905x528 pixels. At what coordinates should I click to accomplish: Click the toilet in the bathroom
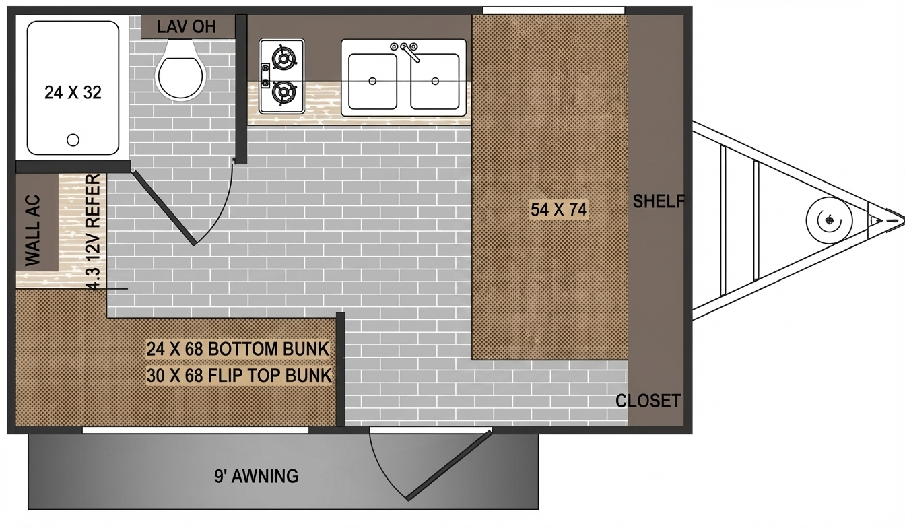click(x=180, y=73)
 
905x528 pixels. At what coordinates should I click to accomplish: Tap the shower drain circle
click(x=73, y=140)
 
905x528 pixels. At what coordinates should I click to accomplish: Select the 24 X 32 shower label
click(x=73, y=93)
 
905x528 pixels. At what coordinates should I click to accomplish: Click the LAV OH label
click(x=187, y=27)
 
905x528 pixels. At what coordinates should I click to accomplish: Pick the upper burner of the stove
click(x=284, y=59)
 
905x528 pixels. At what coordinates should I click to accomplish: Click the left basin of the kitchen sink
click(x=371, y=81)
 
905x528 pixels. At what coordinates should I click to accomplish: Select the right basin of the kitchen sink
click(x=434, y=81)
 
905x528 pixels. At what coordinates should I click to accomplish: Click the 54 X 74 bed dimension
click(x=559, y=209)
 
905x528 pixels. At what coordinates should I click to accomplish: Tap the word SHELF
click(x=659, y=201)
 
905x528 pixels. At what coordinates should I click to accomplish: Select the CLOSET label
click(x=648, y=401)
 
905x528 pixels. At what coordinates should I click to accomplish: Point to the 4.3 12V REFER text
click(x=94, y=232)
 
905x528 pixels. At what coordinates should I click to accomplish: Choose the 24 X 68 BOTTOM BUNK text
click(x=238, y=349)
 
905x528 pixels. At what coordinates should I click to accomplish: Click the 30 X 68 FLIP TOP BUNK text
click(x=239, y=375)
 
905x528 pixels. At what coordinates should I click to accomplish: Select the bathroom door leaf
click(x=164, y=208)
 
